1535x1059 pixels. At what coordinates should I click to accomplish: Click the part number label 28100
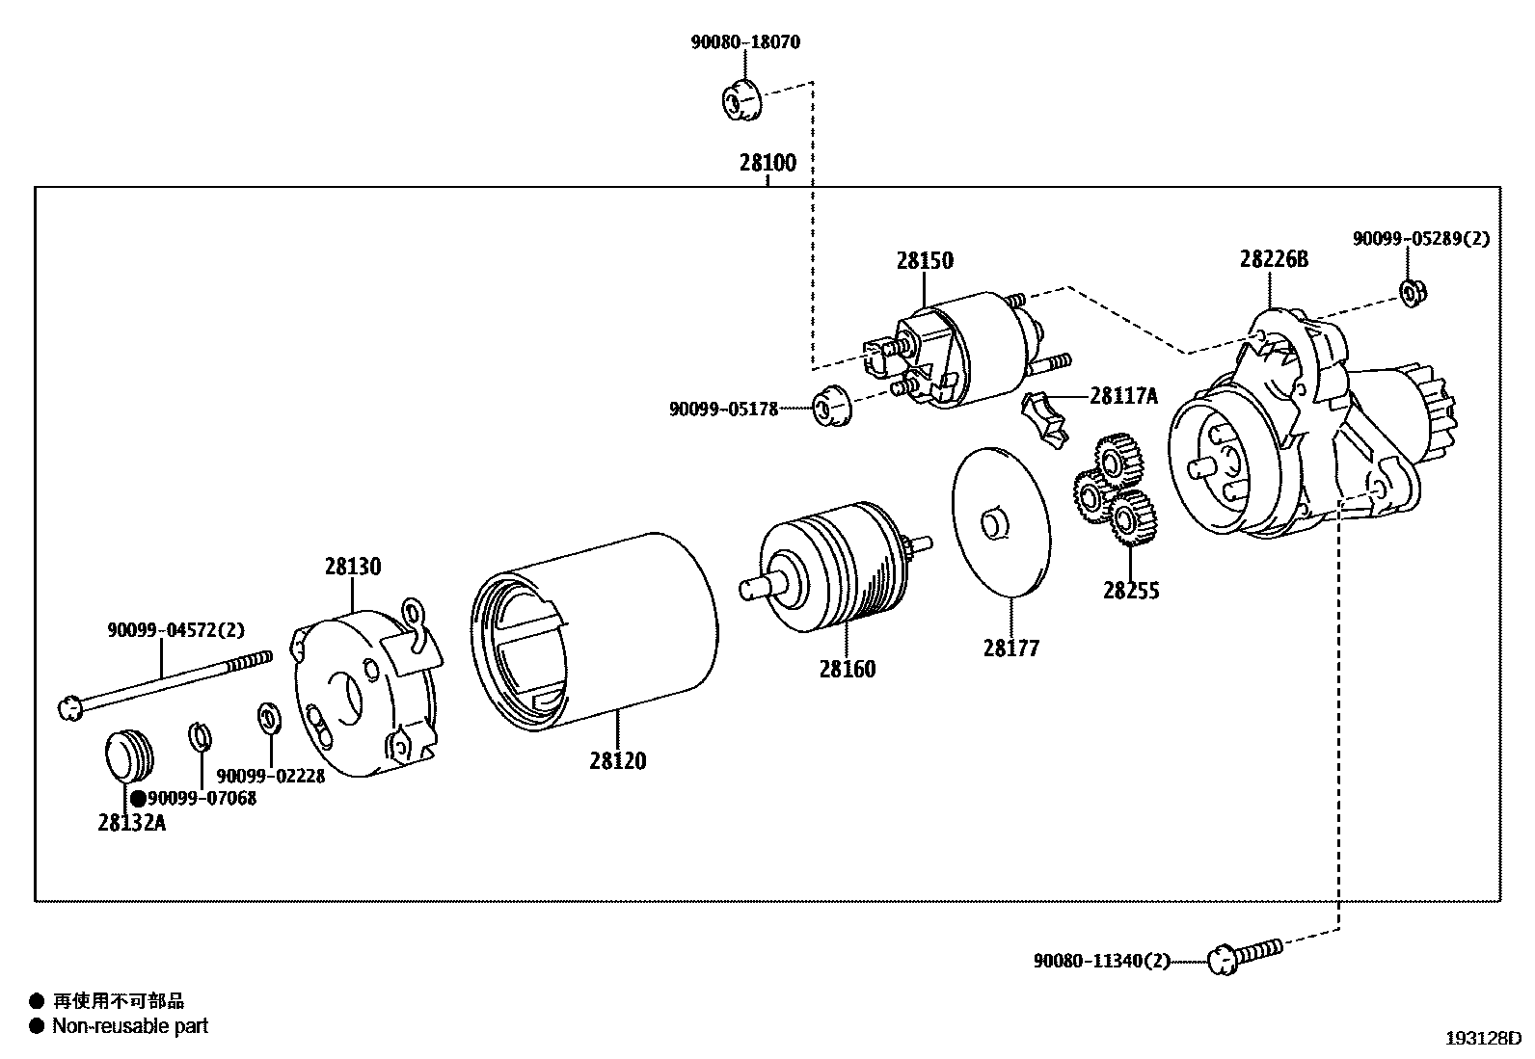pyautogui.click(x=768, y=163)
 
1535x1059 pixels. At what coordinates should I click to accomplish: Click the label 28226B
pyautogui.click(x=1274, y=259)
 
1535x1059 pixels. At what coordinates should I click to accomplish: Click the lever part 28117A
pyautogui.click(x=1045, y=417)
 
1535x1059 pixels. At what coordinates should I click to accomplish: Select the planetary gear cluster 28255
pyautogui.click(x=1115, y=491)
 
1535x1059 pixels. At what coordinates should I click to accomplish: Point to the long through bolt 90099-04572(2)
pyautogui.click(x=164, y=684)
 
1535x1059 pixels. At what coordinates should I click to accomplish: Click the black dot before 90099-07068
pyautogui.click(x=138, y=798)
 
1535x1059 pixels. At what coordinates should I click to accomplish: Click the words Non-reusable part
pyautogui.click(x=130, y=1026)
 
